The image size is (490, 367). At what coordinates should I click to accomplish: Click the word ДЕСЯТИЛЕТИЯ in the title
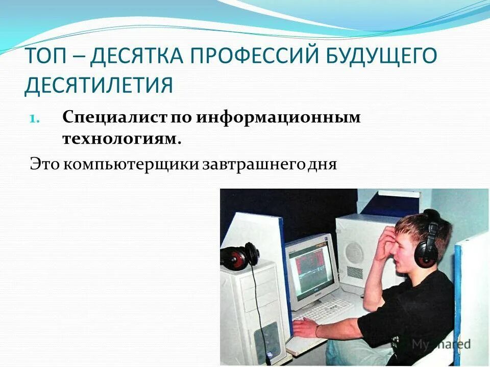99,85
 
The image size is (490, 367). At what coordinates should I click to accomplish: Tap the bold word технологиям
122,139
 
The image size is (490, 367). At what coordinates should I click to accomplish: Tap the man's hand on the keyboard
307,327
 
